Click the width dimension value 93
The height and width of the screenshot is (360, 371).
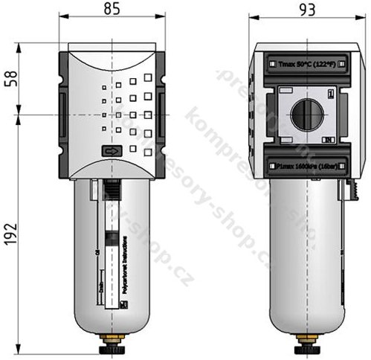tap(303, 12)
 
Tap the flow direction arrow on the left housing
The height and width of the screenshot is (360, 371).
tap(110, 151)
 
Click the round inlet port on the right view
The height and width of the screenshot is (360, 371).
tap(303, 115)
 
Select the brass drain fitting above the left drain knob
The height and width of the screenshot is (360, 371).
tap(112, 338)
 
